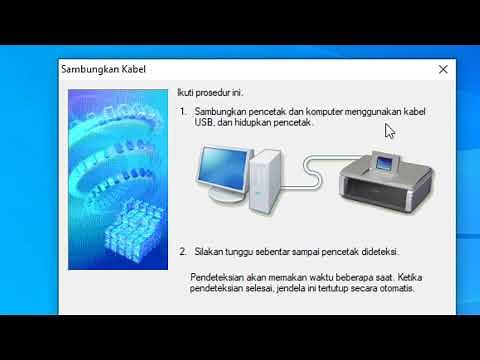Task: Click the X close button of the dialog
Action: point(443,70)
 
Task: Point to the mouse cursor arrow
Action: point(389,130)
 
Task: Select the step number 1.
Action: point(183,112)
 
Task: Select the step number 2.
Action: point(183,253)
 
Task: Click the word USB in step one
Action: point(204,123)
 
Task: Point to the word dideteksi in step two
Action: point(378,253)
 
